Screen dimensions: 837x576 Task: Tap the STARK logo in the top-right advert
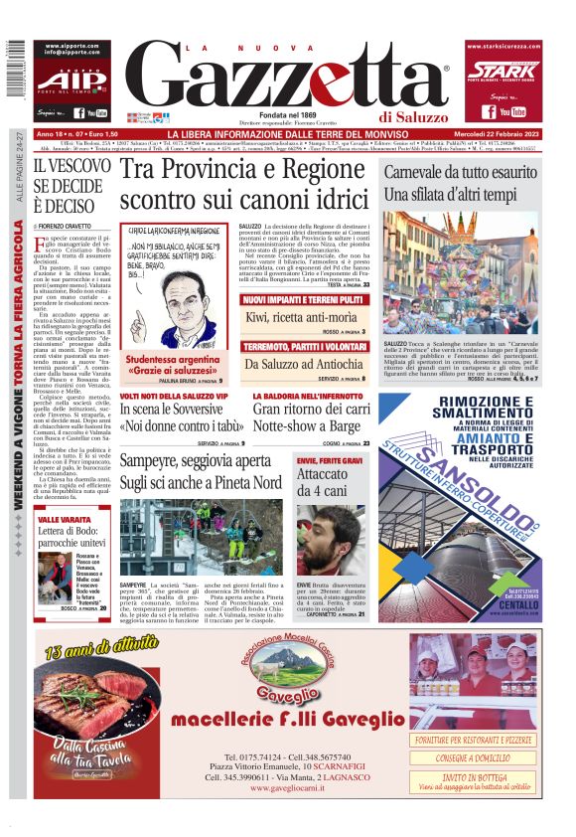[x=502, y=70]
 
